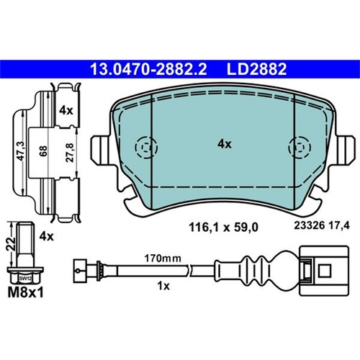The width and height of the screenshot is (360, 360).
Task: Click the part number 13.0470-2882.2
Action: point(148,69)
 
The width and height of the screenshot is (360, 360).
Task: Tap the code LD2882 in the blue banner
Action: point(256,69)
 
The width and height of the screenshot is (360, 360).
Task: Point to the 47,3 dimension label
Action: point(22,151)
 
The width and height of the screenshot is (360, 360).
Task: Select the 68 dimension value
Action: point(43,151)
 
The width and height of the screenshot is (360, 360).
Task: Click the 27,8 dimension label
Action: point(70,152)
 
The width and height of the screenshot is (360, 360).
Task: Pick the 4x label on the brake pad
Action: point(225,144)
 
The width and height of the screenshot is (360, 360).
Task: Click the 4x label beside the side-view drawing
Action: point(66,111)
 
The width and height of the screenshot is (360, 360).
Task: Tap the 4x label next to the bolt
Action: point(47,237)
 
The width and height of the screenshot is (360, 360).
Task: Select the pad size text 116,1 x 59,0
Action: point(223,227)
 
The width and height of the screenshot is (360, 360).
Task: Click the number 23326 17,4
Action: point(322,225)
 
